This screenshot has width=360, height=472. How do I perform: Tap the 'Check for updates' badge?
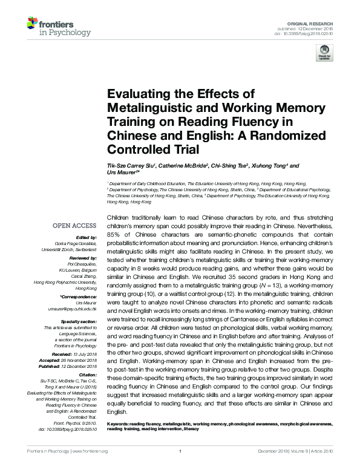pyautogui.click(x=324, y=55)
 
